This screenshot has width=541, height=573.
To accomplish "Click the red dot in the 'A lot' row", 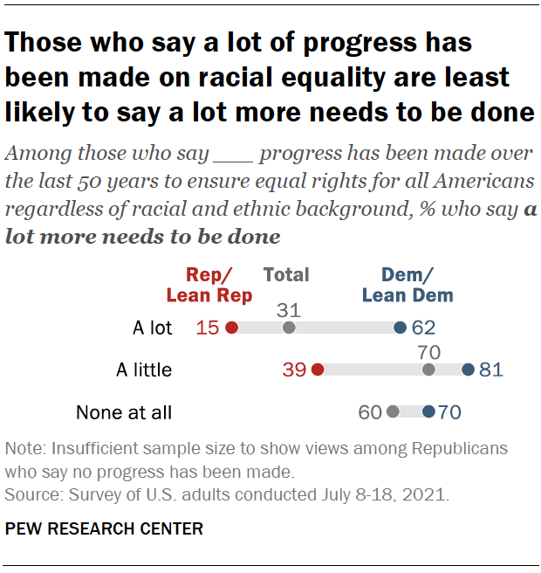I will click(x=231, y=328).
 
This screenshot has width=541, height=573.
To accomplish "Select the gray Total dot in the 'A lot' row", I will click(x=289, y=328).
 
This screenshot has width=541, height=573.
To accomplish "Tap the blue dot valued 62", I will click(x=400, y=328).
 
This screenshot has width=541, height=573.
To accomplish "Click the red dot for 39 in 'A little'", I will click(x=318, y=369).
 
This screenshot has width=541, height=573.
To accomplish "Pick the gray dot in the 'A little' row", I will click(x=428, y=369).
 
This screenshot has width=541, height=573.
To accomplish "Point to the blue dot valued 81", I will click(x=468, y=369).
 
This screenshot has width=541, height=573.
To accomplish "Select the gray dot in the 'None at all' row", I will click(x=393, y=411).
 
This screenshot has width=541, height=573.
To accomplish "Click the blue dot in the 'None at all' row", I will click(x=428, y=411).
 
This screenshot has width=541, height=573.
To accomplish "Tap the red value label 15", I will click(x=208, y=328).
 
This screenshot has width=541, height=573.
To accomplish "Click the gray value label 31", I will click(x=289, y=309).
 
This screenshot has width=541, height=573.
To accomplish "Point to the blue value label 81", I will click(x=492, y=369).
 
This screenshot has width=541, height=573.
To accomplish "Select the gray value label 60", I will click(x=370, y=411).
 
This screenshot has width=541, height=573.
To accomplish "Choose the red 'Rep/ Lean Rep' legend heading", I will click(x=209, y=285).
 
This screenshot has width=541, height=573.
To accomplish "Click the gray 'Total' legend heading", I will click(x=286, y=275).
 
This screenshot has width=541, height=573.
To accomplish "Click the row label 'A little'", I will click(x=144, y=369).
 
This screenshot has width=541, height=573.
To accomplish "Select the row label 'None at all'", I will click(x=124, y=411).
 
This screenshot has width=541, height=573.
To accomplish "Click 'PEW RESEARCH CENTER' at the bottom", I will click(x=104, y=528).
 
